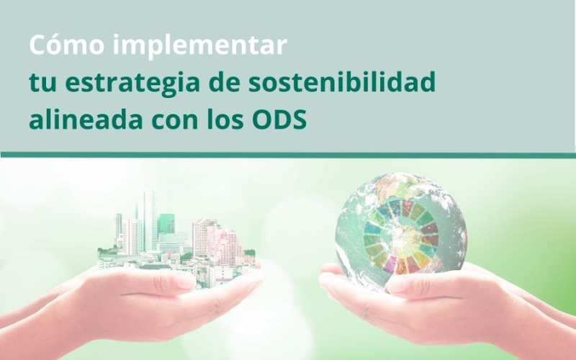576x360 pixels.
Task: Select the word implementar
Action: pyautogui.click(x=201, y=47)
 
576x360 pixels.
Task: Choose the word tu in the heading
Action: pyautogui.click(x=38, y=84)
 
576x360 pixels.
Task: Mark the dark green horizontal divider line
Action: pyautogui.click(x=288, y=155)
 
